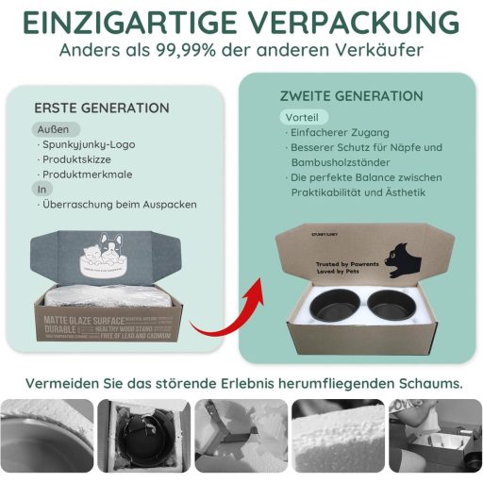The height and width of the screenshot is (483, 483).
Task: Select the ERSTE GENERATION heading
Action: pyautogui.click(x=102, y=108)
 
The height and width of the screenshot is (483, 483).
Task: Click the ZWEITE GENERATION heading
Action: pyautogui.click(x=351, y=96)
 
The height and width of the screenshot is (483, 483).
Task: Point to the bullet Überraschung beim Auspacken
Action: pyautogui.click(x=118, y=205)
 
